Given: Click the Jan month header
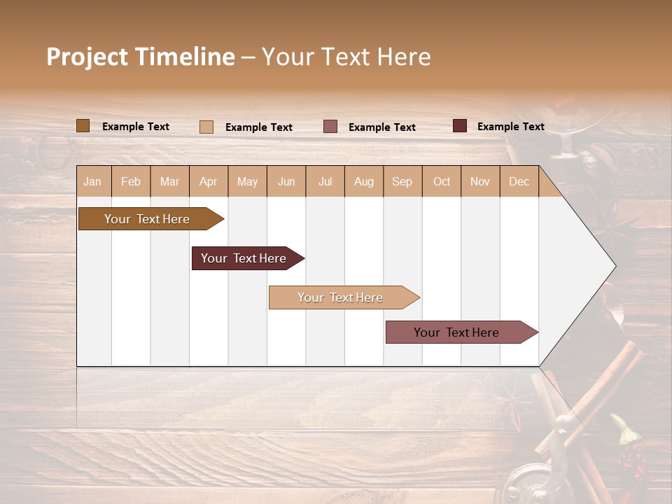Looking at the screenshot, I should tap(92, 181).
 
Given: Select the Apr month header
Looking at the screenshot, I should tap(208, 181).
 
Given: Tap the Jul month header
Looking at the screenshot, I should tap(325, 181).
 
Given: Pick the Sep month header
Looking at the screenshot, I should tap(402, 181).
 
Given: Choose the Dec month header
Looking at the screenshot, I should tap(519, 181).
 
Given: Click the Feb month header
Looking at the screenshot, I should tap(131, 181).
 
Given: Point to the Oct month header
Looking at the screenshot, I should tap(442, 181).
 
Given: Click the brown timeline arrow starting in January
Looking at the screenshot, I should tap(147, 219).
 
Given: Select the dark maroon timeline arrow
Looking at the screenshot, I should tap(244, 258).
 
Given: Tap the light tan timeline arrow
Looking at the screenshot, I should tap(340, 297).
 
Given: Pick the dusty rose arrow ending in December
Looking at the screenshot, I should tap(456, 332).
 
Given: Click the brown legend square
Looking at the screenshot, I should tap(83, 126).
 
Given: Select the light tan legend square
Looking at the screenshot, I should tap(206, 127).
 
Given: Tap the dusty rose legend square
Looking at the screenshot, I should tap(330, 127).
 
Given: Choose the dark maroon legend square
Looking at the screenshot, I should tap(460, 126).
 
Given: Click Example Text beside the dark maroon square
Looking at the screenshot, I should tap(510, 127).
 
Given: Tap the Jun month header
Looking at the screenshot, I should tap(286, 181).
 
